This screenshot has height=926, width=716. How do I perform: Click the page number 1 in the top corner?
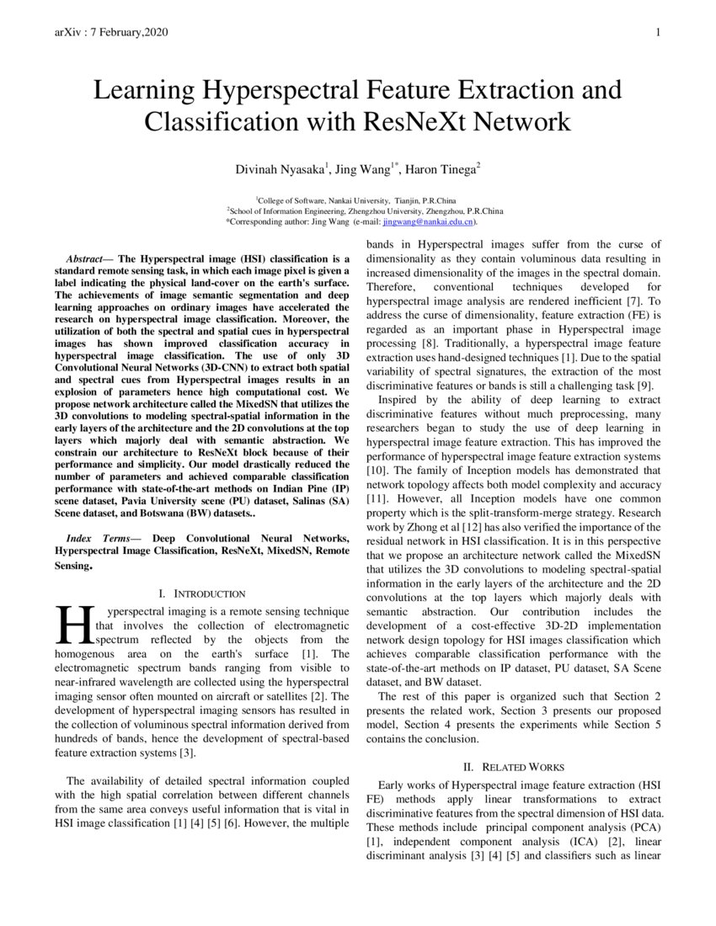click(657, 32)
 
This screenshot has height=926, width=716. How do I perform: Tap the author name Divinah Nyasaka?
click(280, 170)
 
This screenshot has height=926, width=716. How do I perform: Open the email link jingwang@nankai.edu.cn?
click(428, 222)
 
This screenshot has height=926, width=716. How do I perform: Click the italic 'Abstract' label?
click(85, 258)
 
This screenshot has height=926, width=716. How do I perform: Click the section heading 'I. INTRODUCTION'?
click(202, 594)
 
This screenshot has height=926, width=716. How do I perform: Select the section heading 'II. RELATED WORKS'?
click(513, 767)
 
